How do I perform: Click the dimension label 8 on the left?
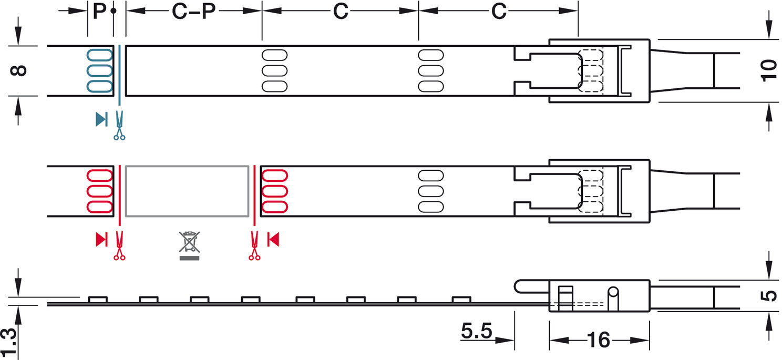pyautogui.click(x=18, y=70)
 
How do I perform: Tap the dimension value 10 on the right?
pyautogui.click(x=769, y=71)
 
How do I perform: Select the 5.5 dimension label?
pyautogui.click(x=477, y=331)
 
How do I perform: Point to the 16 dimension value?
pyautogui.click(x=599, y=340)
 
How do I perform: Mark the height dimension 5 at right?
pyautogui.click(x=769, y=296)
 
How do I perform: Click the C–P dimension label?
pyautogui.click(x=194, y=11)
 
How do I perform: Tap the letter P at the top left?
pyautogui.click(x=99, y=11)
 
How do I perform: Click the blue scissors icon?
pyautogui.click(x=119, y=126)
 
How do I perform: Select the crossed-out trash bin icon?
pyautogui.click(x=189, y=245)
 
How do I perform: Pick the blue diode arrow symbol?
pyautogui.click(x=101, y=119)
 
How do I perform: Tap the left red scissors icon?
pyautogui.click(x=119, y=245)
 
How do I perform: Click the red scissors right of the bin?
pyautogui.click(x=254, y=245)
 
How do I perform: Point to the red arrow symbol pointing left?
pyautogui.click(x=273, y=240)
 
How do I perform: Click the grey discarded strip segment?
pyautogui.click(x=187, y=191)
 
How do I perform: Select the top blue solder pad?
pyautogui.click(x=100, y=55)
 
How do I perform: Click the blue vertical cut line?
pyautogui.click(x=119, y=75)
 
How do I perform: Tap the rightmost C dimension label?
pyautogui.click(x=499, y=11)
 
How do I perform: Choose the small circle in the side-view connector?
pyautogui.click(x=613, y=292)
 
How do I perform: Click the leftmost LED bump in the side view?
pyautogui.click(x=98, y=300)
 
